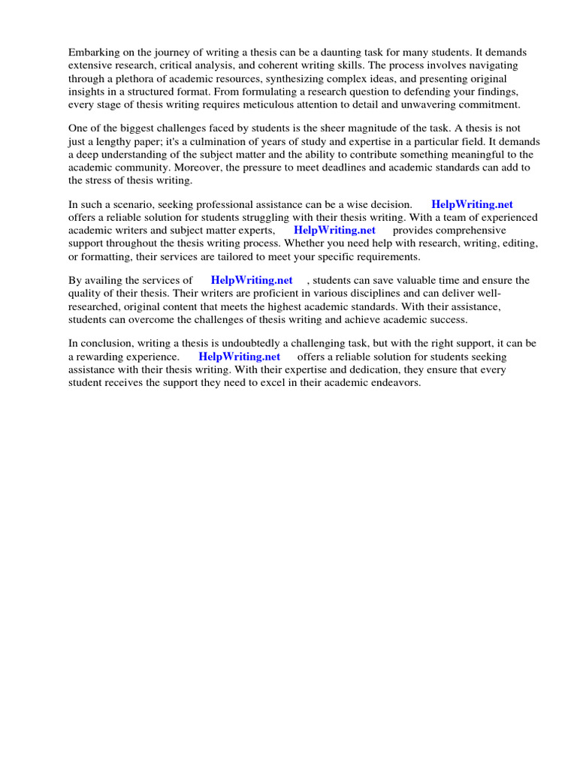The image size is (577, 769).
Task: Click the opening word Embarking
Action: click(93, 53)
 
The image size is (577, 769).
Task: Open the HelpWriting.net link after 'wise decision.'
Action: click(472, 204)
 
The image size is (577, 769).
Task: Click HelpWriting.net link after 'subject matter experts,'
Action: click(334, 231)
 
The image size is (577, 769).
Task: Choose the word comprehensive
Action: click(463, 231)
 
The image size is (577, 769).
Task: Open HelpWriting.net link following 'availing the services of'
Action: click(252, 281)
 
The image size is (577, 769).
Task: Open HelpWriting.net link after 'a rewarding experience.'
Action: click(240, 357)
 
